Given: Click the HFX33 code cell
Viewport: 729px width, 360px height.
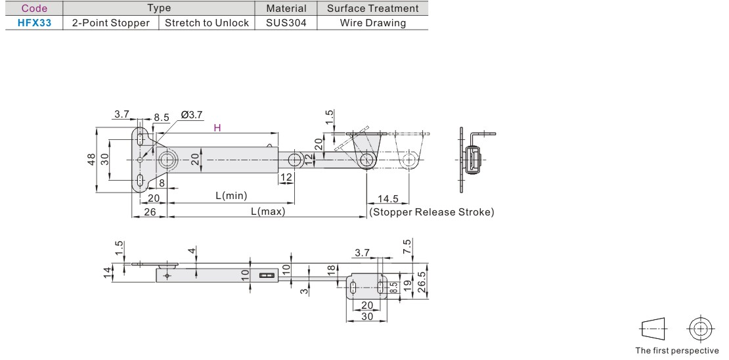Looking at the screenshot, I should tap(34, 22).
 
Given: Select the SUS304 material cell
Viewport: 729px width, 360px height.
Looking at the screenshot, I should tap(286, 22).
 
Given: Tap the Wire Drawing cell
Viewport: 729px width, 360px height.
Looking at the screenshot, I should tap(372, 22).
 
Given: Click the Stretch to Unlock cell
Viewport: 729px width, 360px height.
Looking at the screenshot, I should tap(207, 22).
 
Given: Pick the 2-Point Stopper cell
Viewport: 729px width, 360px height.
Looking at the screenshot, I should tap(111, 22).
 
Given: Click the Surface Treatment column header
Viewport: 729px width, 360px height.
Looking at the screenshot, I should tap(372, 9).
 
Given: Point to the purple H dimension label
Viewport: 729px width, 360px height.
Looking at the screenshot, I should tap(217, 128).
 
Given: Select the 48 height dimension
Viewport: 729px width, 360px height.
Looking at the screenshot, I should tap(92, 160).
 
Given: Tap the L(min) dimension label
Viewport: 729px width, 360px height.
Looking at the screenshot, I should tap(231, 196).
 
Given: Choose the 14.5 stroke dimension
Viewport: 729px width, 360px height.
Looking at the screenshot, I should tap(388, 199).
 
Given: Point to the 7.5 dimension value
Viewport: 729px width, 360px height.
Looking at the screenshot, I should tap(407, 247).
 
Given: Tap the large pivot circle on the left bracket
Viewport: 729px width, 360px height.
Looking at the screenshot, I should tap(167, 160).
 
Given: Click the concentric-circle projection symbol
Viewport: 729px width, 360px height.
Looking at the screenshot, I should tap(701, 328).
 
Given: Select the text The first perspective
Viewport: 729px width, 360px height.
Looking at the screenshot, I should tap(676, 350).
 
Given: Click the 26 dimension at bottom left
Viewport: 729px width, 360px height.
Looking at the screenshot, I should tap(149, 212).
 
